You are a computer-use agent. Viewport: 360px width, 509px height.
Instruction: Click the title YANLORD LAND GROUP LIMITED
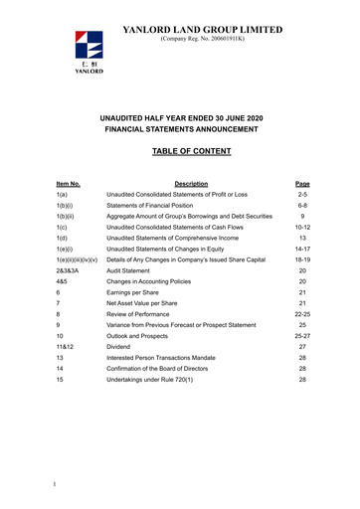tap(202, 30)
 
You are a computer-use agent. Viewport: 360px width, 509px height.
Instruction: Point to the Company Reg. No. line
tap(202, 42)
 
